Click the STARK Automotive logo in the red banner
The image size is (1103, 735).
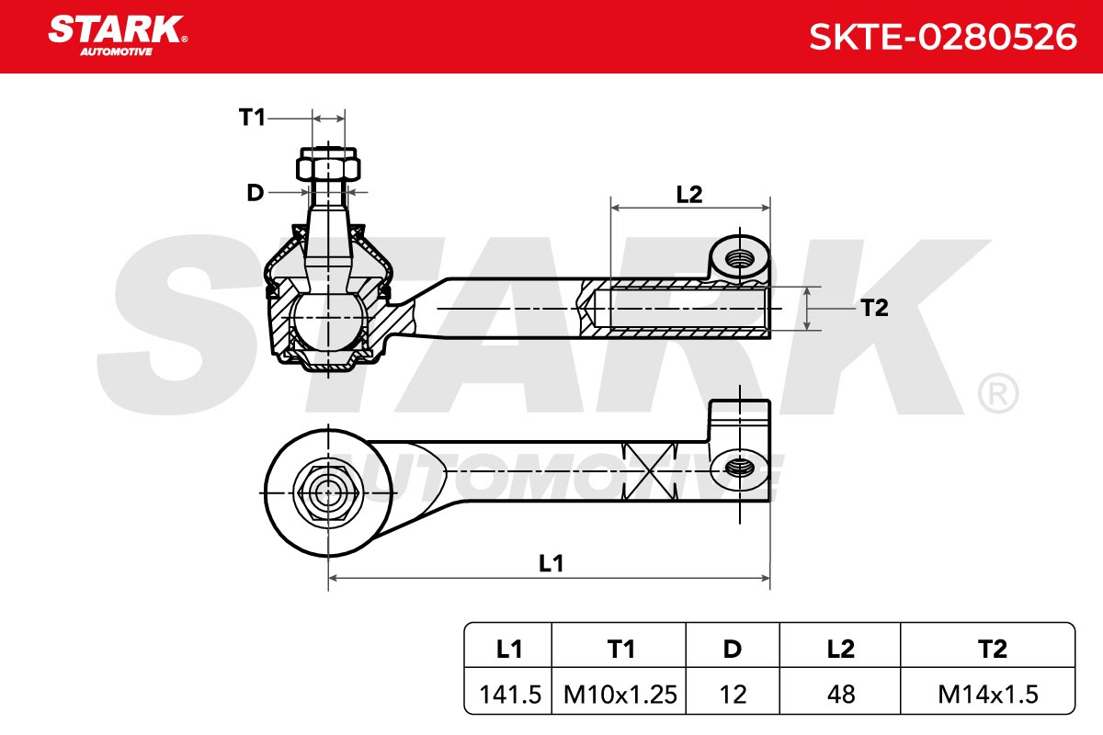118,36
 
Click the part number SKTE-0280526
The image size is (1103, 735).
943,37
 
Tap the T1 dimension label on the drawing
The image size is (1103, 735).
252,118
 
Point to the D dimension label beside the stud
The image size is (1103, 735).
256,193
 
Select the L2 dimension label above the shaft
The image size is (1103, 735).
689,195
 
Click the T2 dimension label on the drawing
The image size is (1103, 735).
874,308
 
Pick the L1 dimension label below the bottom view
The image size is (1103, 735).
551,563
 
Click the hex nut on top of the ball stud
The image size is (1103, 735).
328,164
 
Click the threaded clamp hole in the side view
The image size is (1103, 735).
740,258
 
